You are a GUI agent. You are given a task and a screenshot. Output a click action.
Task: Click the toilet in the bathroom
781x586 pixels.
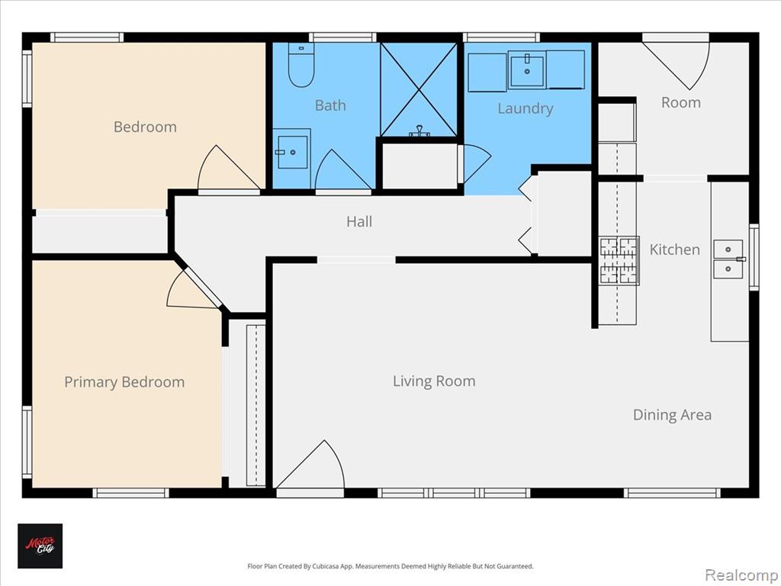coord(301,66)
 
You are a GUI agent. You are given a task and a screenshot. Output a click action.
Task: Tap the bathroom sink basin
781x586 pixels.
coord(292,151)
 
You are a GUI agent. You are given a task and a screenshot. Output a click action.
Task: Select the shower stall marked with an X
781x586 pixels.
coord(419,89)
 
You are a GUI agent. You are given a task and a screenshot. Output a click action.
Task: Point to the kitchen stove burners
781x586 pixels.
coord(619,261)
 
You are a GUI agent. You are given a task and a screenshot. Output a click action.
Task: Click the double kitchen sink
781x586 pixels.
coord(728,259)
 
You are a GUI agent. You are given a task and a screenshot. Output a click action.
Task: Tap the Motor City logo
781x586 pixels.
coord(40,546)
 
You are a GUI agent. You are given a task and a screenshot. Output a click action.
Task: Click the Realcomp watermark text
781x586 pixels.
coord(741,575)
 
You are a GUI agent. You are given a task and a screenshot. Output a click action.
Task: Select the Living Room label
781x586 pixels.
coord(434,382)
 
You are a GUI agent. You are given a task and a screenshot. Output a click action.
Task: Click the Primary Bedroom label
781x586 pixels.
coord(124,382)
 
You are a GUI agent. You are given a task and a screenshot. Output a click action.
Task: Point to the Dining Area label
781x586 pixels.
coord(672,414)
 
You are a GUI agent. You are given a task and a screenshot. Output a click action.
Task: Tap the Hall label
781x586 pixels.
coord(359,221)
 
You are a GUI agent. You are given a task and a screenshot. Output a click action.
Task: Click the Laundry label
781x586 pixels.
coord(525,108)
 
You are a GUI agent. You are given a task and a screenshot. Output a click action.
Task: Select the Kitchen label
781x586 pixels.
coord(674,250)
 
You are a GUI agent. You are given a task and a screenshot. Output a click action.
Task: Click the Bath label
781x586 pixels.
coord(330,105)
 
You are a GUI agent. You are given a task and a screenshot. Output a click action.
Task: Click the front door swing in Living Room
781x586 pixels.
coord(310,465)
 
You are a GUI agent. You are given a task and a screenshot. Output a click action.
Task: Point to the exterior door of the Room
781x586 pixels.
coord(676,65)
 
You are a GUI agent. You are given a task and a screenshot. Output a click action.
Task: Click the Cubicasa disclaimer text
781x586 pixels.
coord(390,566)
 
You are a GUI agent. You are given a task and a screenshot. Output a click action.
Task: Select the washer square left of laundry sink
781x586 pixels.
coord(487,72)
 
